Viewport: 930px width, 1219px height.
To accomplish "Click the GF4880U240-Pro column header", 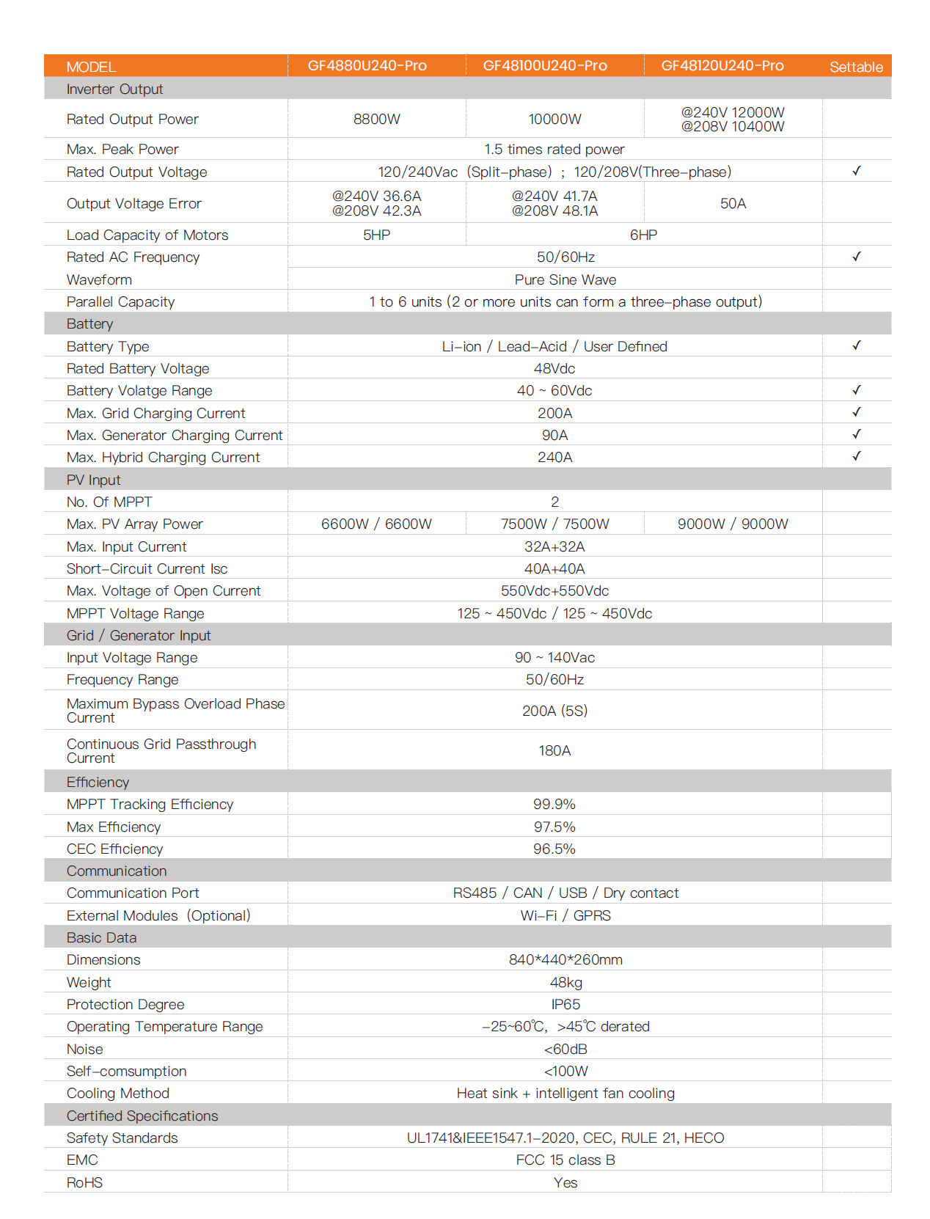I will pos(367,66).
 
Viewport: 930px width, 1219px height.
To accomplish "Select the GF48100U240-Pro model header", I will pos(545,66).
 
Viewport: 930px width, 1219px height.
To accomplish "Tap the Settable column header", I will pos(856,67).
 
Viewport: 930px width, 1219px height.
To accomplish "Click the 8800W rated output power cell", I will pos(376,120).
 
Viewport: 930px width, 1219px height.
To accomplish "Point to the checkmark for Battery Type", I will pos(856,345).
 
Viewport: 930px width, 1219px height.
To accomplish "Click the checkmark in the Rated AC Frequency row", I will pos(856,257).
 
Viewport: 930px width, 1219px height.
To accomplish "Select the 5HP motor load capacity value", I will pos(376,235).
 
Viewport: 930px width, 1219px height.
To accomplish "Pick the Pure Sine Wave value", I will pos(565,279).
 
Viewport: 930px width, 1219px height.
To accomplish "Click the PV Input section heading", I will pos(93,480).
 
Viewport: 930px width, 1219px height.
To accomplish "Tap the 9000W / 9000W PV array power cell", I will pos(732,524).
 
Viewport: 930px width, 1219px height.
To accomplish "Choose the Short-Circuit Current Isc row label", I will pos(147,569).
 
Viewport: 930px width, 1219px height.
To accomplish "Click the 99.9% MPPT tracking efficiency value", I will pos(554,805).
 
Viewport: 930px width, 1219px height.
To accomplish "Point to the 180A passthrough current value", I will pos(554,750).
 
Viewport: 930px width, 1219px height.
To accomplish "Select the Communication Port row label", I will pos(133,893).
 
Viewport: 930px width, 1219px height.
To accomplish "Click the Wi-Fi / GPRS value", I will pos(565,915).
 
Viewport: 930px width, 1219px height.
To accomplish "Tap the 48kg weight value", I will pos(565,982).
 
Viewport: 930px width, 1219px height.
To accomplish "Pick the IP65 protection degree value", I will pos(565,1004).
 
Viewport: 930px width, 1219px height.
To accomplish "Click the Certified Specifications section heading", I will pos(142,1116).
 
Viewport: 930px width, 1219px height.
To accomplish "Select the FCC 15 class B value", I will pos(565,1160).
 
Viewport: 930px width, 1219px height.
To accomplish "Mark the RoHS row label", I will pos(84,1182).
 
